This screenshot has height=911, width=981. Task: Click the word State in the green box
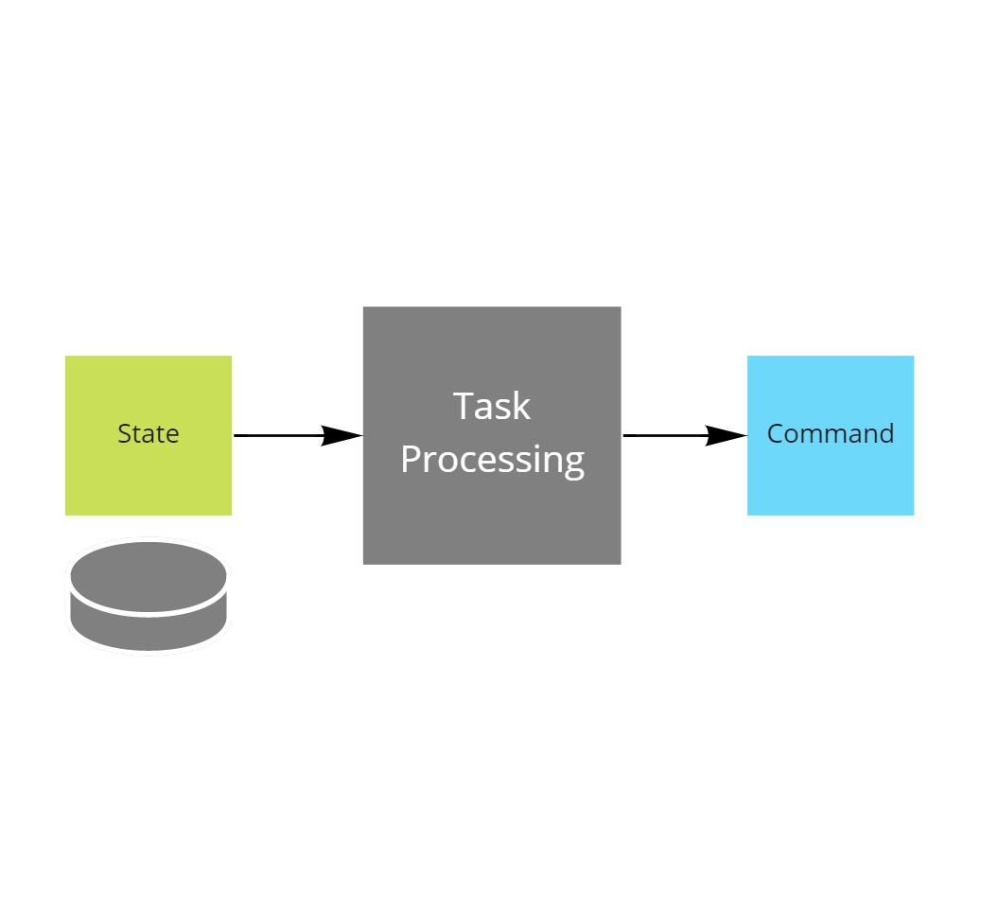(148, 434)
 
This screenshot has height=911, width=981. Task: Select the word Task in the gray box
(492, 406)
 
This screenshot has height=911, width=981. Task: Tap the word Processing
(492, 460)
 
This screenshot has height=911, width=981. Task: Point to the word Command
(830, 434)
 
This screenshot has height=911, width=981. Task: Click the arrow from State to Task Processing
(284, 435)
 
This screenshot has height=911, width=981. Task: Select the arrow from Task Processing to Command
(672, 435)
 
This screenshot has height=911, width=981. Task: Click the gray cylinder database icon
(149, 596)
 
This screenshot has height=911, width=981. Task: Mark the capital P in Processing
(411, 460)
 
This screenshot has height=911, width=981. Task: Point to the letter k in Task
(521, 406)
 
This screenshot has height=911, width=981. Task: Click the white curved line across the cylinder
(149, 614)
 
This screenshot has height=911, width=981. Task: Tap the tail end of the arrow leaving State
(236, 435)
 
